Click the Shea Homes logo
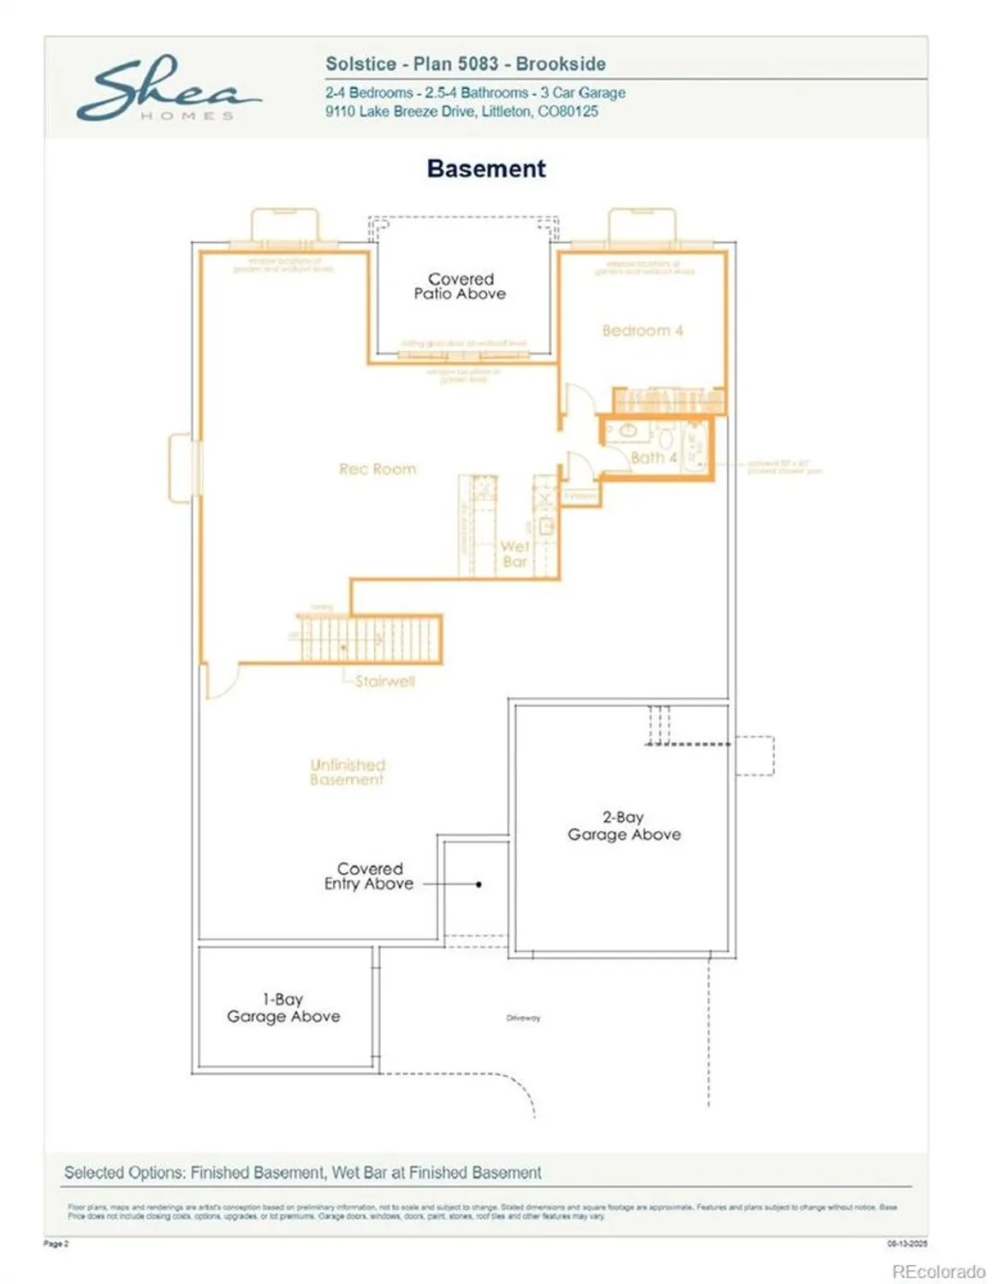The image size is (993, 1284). [168, 89]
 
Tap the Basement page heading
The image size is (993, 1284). [485, 169]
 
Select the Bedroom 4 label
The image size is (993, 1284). [642, 330]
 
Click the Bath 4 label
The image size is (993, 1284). [653, 458]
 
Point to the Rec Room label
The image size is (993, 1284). [378, 469]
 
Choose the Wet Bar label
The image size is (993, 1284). [514, 554]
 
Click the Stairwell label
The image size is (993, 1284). [384, 681]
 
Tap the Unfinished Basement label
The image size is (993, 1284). [347, 772]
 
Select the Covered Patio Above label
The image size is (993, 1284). [461, 286]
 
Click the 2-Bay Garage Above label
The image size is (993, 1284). [624, 826]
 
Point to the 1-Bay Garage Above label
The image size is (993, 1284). [283, 1008]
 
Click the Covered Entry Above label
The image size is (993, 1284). [369, 876]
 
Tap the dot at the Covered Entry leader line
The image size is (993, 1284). [479, 884]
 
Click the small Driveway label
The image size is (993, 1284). [523, 1018]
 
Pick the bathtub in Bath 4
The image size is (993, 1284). [695, 446]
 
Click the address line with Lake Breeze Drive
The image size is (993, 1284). [461, 111]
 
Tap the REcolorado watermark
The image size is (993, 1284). [938, 1272]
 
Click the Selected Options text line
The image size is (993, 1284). [302, 1173]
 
